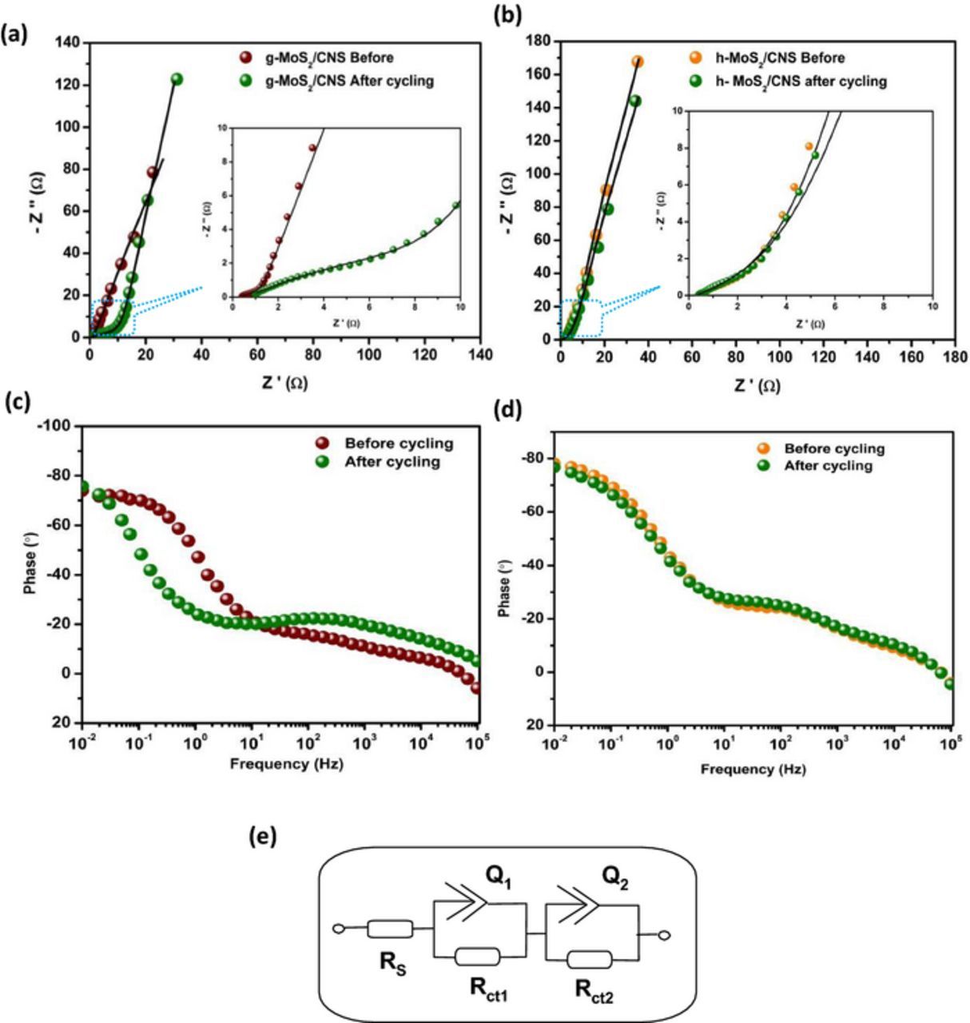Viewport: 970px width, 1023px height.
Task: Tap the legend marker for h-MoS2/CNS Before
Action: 696,58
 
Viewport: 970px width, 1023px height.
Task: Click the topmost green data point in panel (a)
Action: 177,79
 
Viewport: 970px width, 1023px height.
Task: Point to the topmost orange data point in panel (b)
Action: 638,61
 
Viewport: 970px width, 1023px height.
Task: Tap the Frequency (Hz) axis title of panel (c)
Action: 286,763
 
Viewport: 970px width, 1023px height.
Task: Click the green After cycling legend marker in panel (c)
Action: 321,462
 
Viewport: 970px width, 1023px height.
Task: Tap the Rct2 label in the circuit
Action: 594,990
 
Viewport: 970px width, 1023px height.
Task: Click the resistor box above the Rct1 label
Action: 477,957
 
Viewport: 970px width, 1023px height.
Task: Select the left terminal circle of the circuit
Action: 339,929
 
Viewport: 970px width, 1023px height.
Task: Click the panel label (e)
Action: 263,837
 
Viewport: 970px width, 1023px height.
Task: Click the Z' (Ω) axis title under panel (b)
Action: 757,386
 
